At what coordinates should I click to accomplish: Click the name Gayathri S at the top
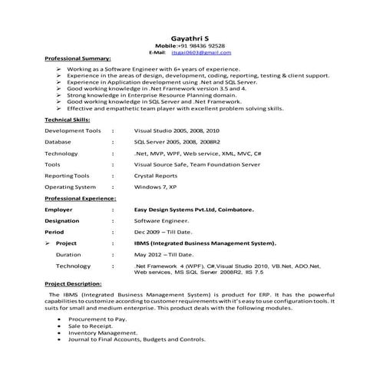pos(189,37)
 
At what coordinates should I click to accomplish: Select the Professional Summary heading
pos(78,58)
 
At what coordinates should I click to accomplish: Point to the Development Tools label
pos(73,131)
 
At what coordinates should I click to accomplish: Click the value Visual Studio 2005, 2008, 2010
pos(176,131)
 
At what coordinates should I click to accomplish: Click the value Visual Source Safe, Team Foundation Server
pos(197,164)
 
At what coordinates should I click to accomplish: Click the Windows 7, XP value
pos(155,187)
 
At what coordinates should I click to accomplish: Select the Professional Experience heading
pos(81,198)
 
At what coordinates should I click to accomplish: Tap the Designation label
pos(62,220)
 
